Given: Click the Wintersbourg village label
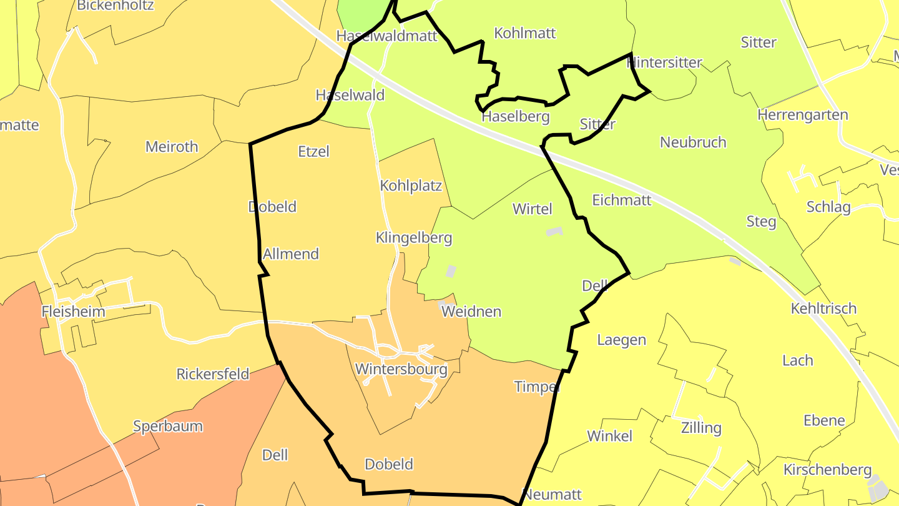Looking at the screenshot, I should (401, 369).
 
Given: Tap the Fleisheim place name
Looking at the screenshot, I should (73, 311).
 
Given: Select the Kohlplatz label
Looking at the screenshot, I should (411, 186).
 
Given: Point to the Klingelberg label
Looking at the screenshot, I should (413, 238).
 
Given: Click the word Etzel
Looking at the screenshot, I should (313, 151).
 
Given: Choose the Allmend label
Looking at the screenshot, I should (290, 254).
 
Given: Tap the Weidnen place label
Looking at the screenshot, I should (471, 311).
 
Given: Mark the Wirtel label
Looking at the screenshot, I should (533, 209).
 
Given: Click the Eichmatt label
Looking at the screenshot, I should (621, 200).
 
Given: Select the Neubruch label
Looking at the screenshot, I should (693, 142).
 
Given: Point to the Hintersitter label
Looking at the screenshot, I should (664, 62).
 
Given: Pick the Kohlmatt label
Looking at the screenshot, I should (524, 33).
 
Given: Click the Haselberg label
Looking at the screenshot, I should (515, 116).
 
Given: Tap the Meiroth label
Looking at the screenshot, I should (172, 147).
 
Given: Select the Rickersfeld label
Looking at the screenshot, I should (213, 374).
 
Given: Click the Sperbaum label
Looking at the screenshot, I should (168, 426).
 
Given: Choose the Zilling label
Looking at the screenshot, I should (701, 428).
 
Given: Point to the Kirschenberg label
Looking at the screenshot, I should (827, 469).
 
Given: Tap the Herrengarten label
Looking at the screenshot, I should (802, 115).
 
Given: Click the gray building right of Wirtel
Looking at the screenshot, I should (554, 231).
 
